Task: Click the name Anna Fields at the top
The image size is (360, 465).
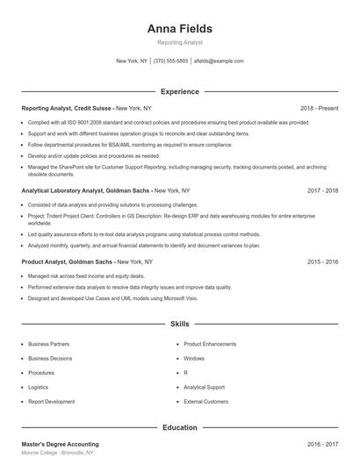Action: pyautogui.click(x=179, y=28)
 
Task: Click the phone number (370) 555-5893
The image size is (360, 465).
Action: pyautogui.click(x=170, y=61)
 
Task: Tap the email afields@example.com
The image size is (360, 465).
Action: pyautogui.click(x=219, y=61)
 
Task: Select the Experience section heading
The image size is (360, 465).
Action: pyautogui.click(x=179, y=91)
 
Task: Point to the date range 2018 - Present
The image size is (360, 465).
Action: pyautogui.click(x=319, y=108)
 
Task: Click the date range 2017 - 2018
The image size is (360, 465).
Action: pyautogui.click(x=322, y=190)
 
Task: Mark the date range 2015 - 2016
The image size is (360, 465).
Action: pyautogui.click(x=322, y=261)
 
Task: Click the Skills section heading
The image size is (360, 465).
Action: pyautogui.click(x=179, y=324)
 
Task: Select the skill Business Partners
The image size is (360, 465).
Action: pyautogui.click(x=49, y=345)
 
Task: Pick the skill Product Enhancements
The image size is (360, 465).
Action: pyautogui.click(x=212, y=345)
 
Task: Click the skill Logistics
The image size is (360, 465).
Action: pyautogui.click(x=39, y=387)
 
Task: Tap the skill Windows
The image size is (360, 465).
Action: pyautogui.click(x=194, y=359)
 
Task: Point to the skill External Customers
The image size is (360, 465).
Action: pyautogui.click(x=206, y=401)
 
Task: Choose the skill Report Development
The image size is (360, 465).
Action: pyautogui.click(x=52, y=401)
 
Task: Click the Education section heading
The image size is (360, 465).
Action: pyautogui.click(x=179, y=427)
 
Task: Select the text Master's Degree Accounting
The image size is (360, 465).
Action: pyautogui.click(x=60, y=445)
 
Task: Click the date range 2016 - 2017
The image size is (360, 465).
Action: pyautogui.click(x=322, y=445)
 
